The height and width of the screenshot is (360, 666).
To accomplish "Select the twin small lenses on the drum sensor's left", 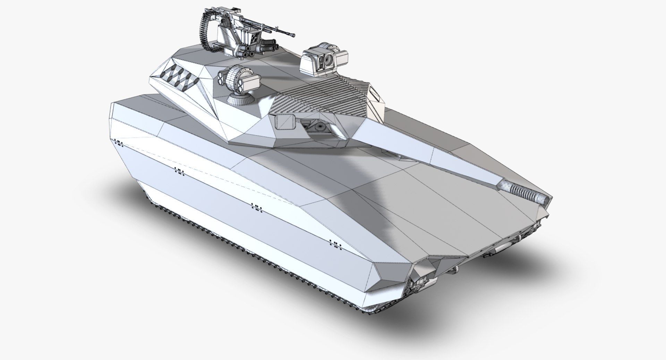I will click(x=220, y=77).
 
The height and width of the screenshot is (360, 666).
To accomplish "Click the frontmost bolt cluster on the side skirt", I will click(x=335, y=243).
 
